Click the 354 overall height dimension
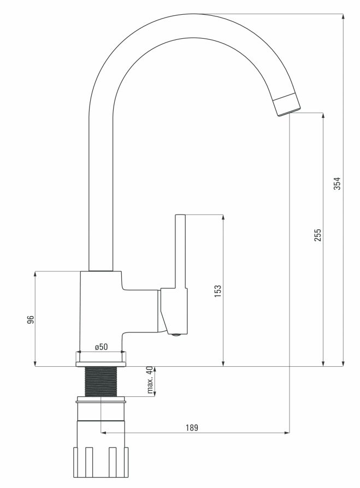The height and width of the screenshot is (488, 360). click(x=337, y=183)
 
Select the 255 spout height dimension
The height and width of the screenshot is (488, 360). click(x=317, y=236)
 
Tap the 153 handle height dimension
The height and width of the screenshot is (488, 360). click(x=217, y=291)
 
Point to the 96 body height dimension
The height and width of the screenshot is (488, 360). click(x=30, y=320)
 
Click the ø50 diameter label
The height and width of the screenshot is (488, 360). click(x=102, y=347)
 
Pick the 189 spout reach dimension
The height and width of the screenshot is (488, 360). click(x=192, y=427)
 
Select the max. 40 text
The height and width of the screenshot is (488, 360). click(x=150, y=380)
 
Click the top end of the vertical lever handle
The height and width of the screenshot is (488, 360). click(x=180, y=215)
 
